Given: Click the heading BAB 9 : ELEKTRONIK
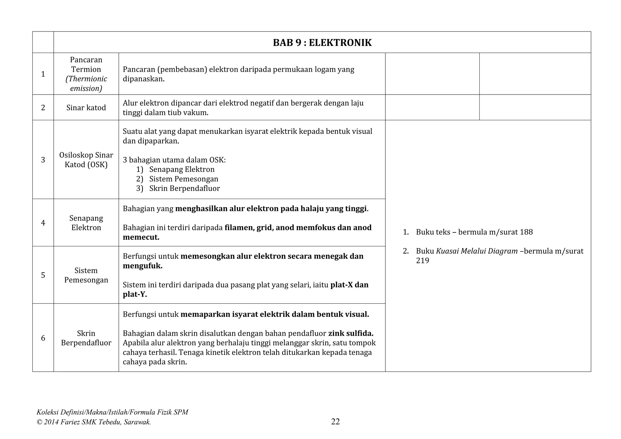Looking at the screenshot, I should point(322,43).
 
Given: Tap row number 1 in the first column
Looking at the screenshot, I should point(43,74).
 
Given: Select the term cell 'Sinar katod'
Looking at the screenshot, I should point(86,108).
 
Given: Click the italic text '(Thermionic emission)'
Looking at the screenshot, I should point(86,84).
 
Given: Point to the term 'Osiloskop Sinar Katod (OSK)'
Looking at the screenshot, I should point(86,160).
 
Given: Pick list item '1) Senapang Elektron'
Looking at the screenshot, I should point(176,169).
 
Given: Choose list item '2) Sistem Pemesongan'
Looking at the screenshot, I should point(177,179).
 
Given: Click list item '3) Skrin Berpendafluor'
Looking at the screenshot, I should point(178,188).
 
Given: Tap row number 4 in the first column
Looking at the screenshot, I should point(43,223).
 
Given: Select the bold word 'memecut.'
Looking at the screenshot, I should point(141,237).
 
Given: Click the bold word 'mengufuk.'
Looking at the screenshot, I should point(143,266).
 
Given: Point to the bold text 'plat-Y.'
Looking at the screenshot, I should point(135,294).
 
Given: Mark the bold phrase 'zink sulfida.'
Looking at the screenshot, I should point(351,333).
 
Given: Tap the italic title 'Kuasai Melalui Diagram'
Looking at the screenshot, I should point(477,251).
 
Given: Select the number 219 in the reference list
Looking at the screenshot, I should point(422,261).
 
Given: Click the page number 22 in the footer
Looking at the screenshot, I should point(335,421).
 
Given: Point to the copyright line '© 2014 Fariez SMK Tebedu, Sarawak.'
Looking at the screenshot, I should point(94,422).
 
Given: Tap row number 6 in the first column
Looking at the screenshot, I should point(43,338).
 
